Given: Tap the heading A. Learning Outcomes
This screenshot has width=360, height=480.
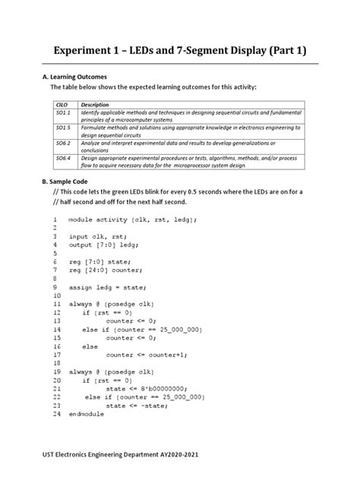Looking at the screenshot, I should click(77, 77).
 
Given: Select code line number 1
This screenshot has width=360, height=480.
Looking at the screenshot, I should click(55, 219).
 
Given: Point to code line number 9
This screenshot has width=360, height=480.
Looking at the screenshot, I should click(55, 288).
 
